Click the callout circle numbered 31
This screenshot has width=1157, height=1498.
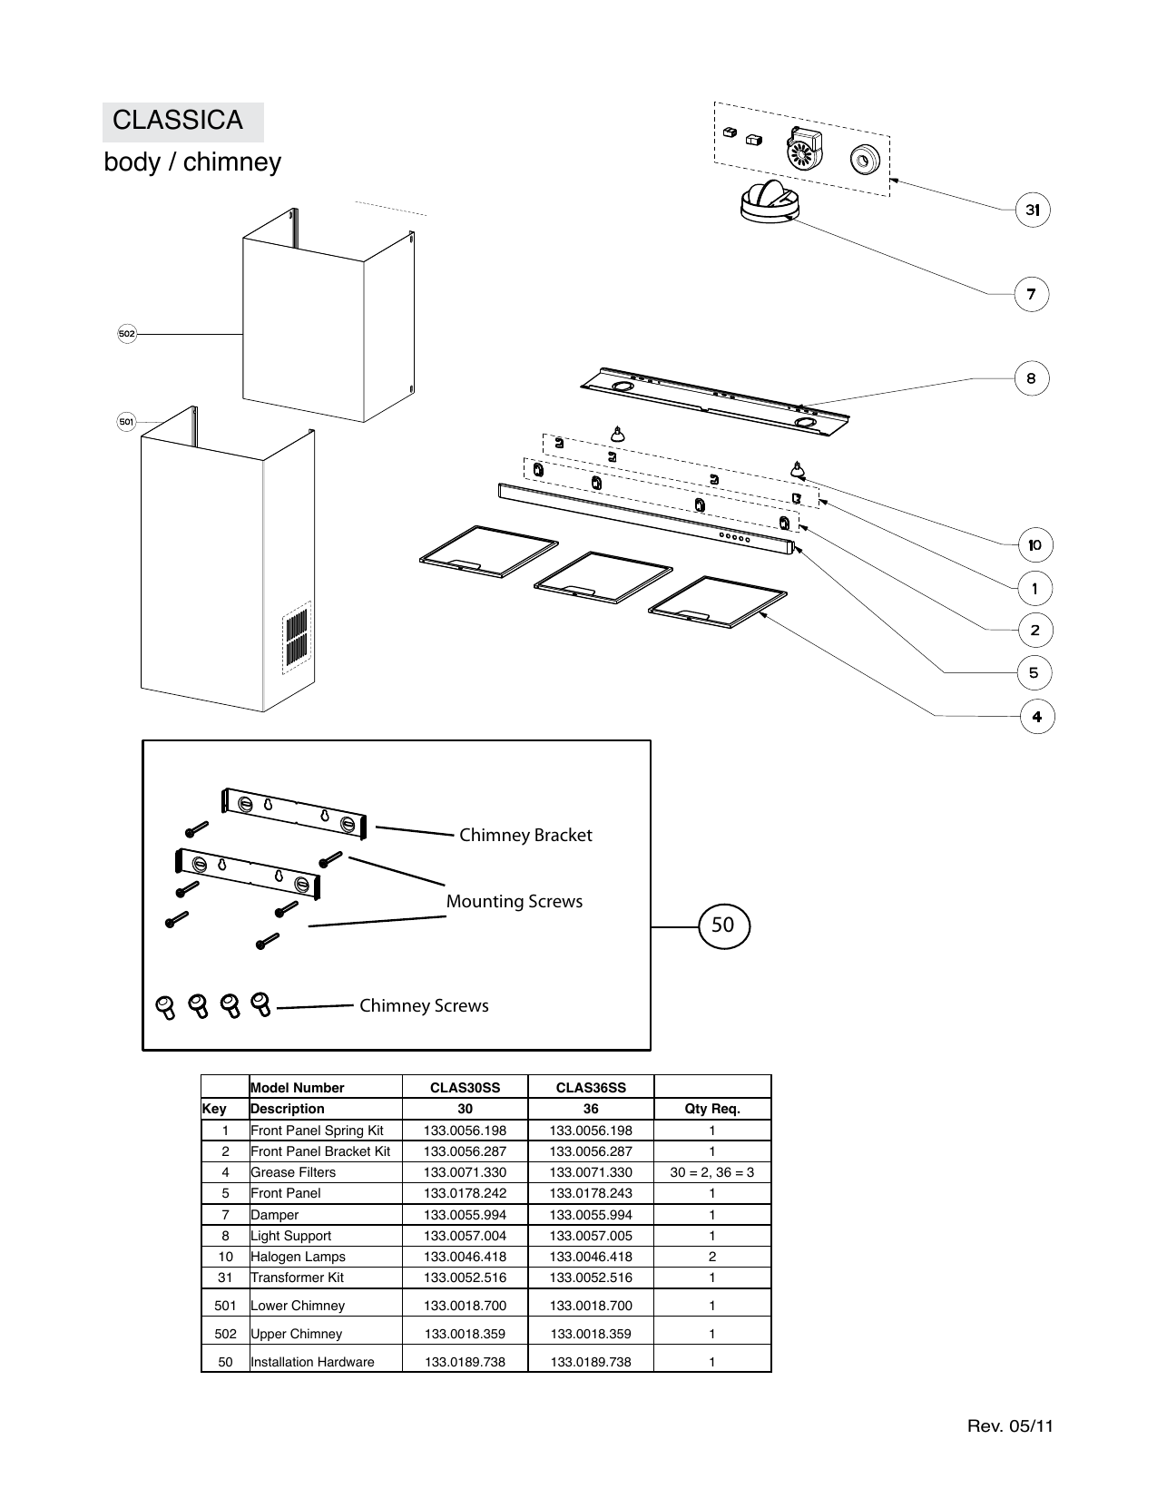click(x=1032, y=210)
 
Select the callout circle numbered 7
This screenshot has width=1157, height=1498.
click(x=1031, y=294)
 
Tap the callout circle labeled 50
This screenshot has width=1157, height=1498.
click(x=723, y=925)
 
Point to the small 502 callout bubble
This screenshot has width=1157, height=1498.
click(x=127, y=334)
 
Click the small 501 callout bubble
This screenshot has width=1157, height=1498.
click(x=127, y=421)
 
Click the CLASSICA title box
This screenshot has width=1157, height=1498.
click(x=182, y=121)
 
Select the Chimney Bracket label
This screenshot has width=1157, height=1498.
click(x=525, y=835)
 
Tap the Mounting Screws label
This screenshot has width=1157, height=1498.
click(x=514, y=901)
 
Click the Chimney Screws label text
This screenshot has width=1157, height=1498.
click(x=424, y=1005)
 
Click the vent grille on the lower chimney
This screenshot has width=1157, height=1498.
click(x=297, y=638)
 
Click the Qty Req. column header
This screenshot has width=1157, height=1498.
click(x=711, y=1109)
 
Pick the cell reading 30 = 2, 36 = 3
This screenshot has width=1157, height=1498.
click(x=711, y=1172)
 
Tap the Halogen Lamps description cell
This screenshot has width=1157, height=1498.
click(x=299, y=1257)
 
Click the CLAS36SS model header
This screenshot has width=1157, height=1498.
click(x=591, y=1087)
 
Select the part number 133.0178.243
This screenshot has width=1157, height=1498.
click(x=591, y=1193)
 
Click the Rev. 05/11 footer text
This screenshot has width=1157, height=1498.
click(x=1010, y=1425)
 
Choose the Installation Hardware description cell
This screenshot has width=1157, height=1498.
click(x=312, y=1362)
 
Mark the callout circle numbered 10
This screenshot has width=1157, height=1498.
click(x=1034, y=545)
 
